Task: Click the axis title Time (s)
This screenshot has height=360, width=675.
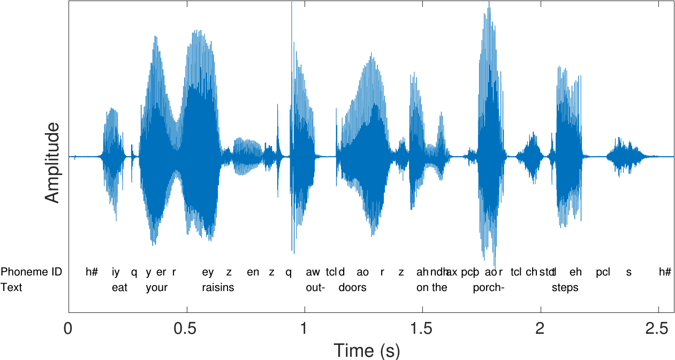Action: click(367, 350)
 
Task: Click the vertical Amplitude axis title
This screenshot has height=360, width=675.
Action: click(52, 163)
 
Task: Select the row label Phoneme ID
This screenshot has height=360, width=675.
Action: click(31, 272)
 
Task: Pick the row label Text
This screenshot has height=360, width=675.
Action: click(12, 287)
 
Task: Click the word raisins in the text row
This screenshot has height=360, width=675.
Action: click(218, 287)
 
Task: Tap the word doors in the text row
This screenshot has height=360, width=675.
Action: click(352, 287)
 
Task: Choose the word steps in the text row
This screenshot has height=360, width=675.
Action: click(565, 287)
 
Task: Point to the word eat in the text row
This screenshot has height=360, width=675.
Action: click(120, 287)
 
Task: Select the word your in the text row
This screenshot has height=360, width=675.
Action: click(157, 287)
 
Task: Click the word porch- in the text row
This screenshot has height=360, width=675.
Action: click(488, 287)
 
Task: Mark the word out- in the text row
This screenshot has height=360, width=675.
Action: click(316, 287)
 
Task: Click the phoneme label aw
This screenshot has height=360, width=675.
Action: click(313, 272)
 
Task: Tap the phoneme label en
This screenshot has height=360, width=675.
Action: click(253, 272)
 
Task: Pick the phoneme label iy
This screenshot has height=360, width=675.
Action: click(116, 272)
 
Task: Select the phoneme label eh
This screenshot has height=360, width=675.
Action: click(575, 272)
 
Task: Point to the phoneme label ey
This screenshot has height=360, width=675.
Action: click(208, 272)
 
